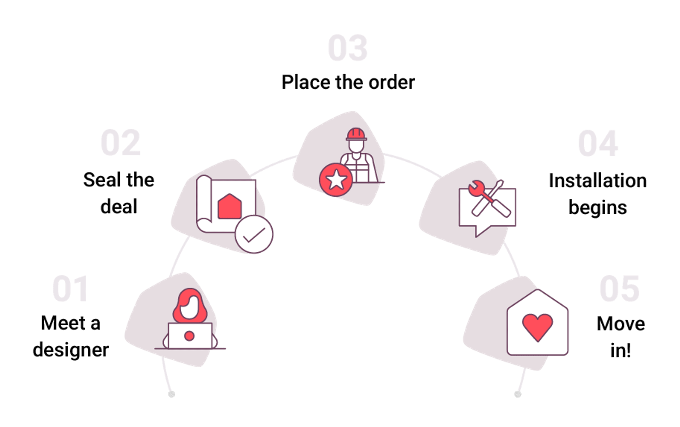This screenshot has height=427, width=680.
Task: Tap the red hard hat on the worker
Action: point(356,134)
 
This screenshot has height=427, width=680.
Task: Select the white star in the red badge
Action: point(336,180)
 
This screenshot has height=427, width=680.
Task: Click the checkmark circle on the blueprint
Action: point(254,234)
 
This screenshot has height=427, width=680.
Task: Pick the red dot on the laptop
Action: point(189,336)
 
